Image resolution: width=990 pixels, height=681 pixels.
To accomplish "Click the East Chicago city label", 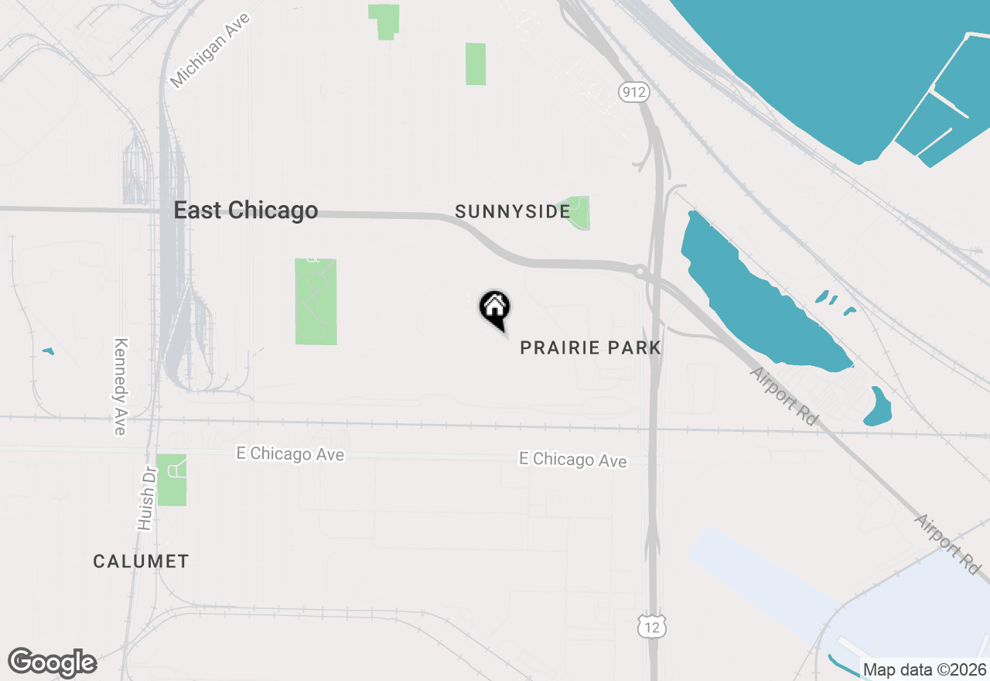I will coord(245,210).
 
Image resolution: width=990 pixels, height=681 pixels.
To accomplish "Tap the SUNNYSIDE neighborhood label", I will coord(512,211).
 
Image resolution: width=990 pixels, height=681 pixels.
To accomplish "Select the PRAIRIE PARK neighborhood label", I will coord(590,348).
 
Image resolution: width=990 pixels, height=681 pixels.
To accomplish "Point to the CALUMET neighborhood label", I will coord(141,561).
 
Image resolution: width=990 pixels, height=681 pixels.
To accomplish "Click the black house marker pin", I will coord(495,309).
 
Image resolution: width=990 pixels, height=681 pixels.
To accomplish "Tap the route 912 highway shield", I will coord(633,93).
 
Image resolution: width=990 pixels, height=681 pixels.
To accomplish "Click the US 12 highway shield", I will coord(652,626).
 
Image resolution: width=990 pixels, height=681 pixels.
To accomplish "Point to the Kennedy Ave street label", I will coord(120,386).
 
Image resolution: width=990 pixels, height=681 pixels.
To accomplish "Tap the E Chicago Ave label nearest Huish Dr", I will coord(290,454).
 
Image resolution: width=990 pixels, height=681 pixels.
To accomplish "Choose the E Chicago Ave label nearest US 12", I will coord(572,460).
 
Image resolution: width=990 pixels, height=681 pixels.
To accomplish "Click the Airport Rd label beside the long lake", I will coord(784,395).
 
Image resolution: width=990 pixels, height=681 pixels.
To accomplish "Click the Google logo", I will coord(53,662).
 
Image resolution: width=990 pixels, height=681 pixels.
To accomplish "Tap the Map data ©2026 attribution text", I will coord(924,669).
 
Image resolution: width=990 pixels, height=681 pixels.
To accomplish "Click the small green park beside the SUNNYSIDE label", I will coord(579,213).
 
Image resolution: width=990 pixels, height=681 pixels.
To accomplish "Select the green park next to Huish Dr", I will coord(172,480).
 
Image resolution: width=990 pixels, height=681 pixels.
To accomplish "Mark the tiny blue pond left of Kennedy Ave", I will coord(48,351).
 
